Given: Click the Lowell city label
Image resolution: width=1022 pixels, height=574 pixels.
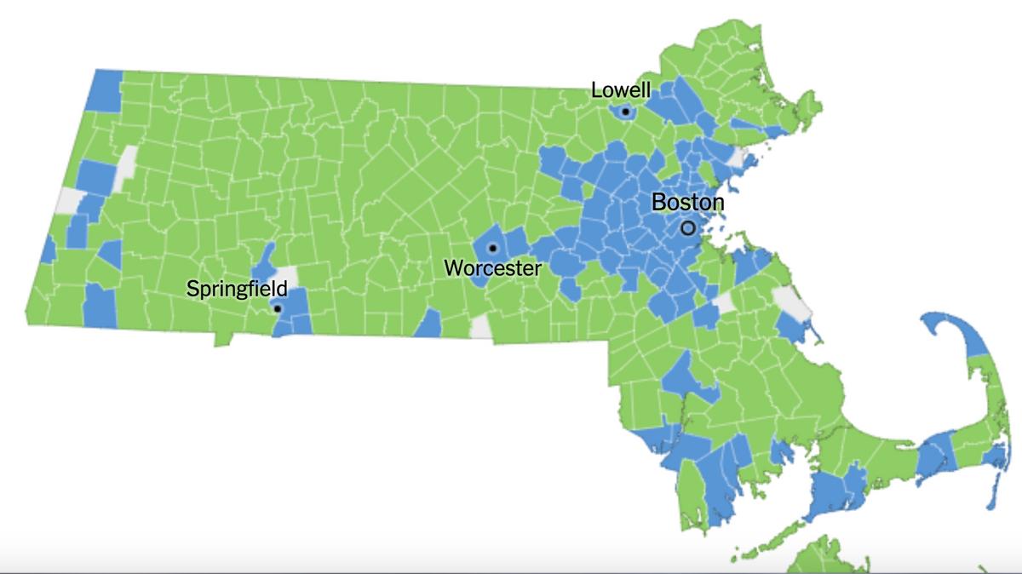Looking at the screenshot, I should point(621,89).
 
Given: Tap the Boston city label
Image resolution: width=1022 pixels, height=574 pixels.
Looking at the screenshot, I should point(687,203).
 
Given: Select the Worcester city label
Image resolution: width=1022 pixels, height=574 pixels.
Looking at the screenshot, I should point(492,268).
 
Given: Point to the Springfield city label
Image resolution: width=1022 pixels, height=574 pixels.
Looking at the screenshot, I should point(237,290).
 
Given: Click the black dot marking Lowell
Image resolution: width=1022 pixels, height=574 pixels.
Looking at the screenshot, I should point(625,112).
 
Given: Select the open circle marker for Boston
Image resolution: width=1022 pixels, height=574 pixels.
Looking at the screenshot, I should point(688,228).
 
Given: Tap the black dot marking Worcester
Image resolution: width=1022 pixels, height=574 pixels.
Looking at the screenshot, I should point(492,248).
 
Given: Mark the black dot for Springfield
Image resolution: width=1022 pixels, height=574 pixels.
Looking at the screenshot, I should point(277,308).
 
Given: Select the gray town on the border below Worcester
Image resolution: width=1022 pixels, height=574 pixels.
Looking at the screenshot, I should point(481,327).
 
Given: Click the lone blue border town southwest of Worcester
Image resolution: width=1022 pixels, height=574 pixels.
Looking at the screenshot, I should point(428,324).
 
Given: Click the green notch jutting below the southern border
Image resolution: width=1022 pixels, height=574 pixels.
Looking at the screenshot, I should point(223,338).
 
